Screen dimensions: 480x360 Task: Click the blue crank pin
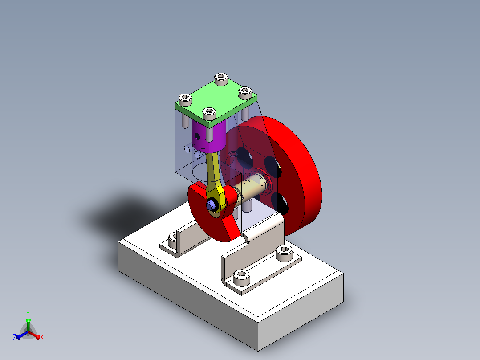click(210, 205)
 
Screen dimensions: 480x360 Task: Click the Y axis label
click(28, 314)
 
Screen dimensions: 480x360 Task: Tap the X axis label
click(42, 337)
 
